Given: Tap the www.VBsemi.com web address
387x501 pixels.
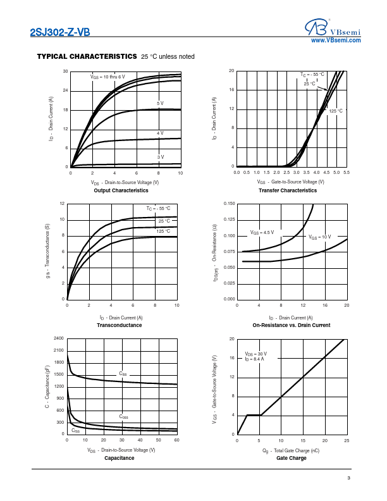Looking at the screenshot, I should tap(336, 40).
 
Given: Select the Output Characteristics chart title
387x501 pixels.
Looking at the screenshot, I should tap(121, 190).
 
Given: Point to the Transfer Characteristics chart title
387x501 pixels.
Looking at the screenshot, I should tap(288, 190).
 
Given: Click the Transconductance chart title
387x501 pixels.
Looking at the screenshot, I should tap(119, 325).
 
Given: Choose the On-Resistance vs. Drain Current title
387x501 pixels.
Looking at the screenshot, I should tap(291, 325).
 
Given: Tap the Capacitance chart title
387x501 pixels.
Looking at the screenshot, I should tap(119, 458).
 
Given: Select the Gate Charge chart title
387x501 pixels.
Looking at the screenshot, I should tap(291, 458).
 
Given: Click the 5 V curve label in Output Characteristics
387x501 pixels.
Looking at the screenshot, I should tap(160, 103).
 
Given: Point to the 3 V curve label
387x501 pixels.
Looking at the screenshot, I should tap(160, 156).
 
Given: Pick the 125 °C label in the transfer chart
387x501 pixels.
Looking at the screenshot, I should tap(336, 111).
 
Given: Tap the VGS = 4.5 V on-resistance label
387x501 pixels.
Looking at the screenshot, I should tap(262, 232).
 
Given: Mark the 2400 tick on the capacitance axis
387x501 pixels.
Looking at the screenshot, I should tap(59, 338).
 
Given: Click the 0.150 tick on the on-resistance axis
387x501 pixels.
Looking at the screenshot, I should tap(229, 204).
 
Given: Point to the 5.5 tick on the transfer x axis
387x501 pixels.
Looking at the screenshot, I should tap(347, 172).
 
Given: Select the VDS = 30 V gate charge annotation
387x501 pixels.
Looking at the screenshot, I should tap(256, 354).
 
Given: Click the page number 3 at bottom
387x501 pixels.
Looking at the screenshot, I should tap(348, 478).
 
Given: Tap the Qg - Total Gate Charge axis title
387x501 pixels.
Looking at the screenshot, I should tap(291, 450).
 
